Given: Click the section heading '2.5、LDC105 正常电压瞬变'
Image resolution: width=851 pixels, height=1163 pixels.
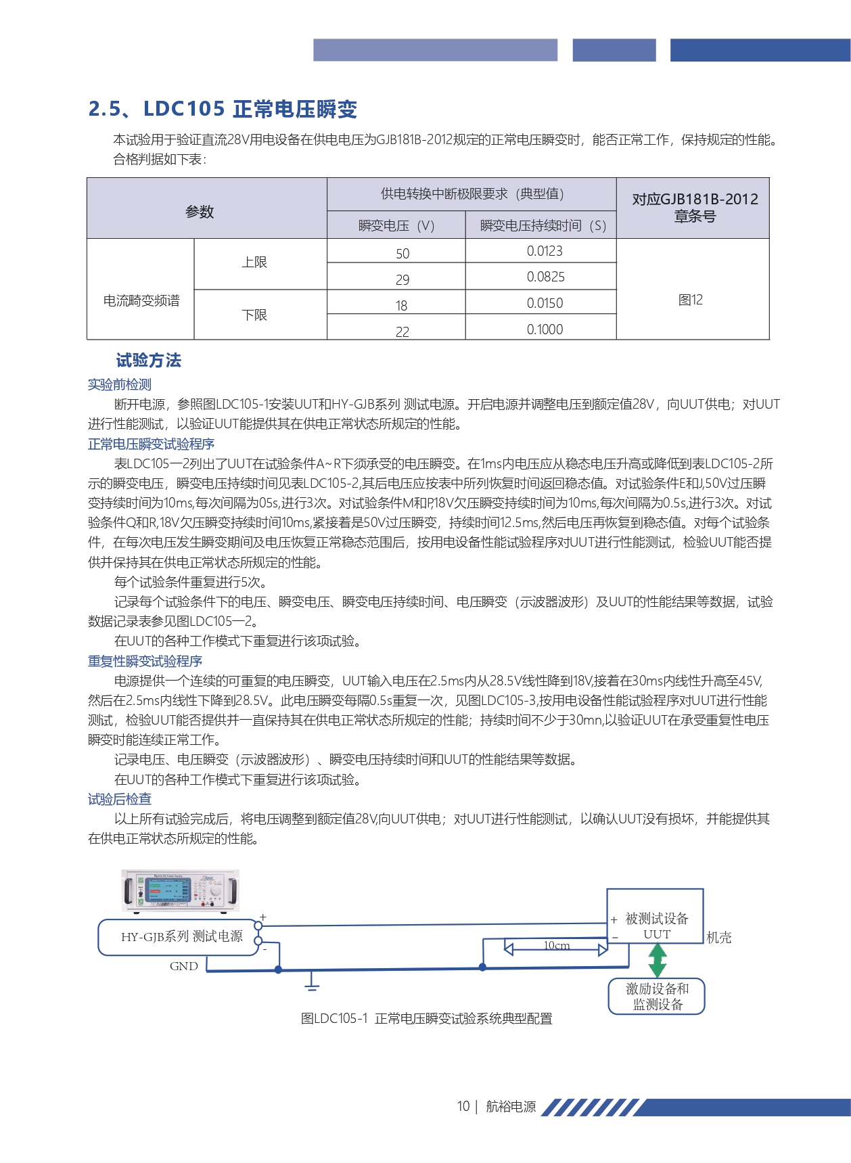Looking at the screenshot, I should click(x=223, y=109).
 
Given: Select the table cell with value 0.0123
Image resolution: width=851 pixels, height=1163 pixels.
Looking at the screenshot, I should click(x=544, y=251).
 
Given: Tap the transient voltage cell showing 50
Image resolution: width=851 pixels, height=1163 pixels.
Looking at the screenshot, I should click(x=402, y=253).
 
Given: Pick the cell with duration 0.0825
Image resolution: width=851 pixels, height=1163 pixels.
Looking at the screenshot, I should click(x=545, y=277).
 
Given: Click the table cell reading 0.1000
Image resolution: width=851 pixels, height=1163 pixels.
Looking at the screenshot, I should click(x=545, y=329).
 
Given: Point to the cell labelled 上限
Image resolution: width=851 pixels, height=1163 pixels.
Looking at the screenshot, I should click(x=254, y=263).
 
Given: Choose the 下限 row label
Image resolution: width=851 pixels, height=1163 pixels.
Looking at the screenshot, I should click(x=254, y=315).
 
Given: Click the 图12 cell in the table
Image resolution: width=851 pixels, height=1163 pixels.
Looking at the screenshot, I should click(x=691, y=300).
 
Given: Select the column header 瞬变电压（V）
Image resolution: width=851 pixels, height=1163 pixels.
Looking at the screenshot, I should click(x=396, y=225).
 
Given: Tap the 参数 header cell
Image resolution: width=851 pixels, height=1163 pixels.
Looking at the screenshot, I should click(x=200, y=212).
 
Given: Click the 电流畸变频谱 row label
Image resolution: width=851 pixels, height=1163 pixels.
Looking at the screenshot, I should click(x=141, y=300).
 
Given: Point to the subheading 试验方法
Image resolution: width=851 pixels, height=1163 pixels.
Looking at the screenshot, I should click(x=149, y=361).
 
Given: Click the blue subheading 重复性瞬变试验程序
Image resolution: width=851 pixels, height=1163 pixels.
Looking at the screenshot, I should click(x=145, y=661).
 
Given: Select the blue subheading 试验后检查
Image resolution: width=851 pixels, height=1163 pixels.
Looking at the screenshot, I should click(x=120, y=799).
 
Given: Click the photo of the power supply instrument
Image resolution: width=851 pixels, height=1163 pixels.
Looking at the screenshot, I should click(x=181, y=890).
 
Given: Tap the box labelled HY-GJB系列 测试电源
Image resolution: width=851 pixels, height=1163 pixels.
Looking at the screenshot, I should click(x=181, y=937).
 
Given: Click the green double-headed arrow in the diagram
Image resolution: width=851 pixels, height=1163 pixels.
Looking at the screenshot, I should click(x=657, y=960).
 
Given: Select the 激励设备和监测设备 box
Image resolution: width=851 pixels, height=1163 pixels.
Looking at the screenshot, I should click(x=657, y=997).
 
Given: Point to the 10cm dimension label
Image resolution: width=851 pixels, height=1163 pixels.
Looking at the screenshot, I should click(x=556, y=945).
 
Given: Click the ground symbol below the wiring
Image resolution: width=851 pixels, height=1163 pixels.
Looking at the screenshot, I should click(x=311, y=982).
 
